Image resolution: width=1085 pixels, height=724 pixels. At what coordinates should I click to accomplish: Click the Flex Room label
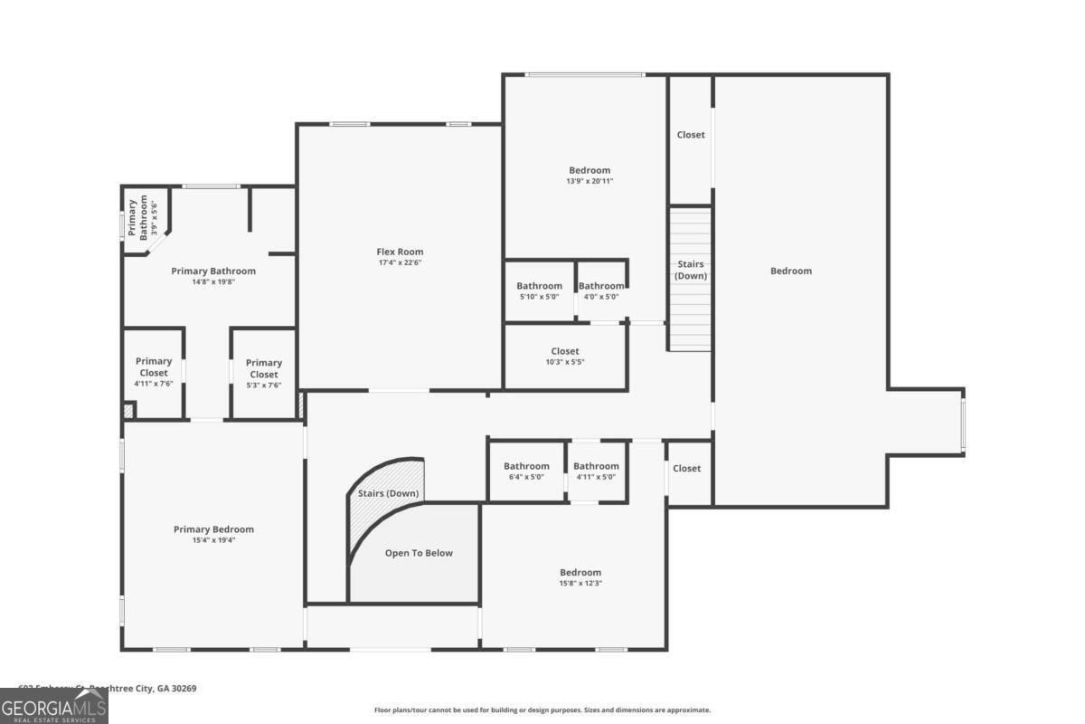point(400,252)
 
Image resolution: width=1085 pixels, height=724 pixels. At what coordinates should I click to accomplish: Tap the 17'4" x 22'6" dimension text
point(400,263)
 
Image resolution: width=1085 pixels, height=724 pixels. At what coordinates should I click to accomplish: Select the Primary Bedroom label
point(213,529)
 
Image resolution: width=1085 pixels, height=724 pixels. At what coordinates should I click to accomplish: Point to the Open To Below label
point(419,553)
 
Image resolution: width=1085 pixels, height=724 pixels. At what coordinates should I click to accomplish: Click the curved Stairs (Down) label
point(388,493)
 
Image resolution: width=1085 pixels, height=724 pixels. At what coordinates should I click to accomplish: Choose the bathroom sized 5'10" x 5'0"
point(540,291)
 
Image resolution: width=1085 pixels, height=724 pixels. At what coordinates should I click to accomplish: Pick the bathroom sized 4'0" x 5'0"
point(600,291)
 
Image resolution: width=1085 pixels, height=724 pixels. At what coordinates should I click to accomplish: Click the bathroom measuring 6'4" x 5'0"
point(526,472)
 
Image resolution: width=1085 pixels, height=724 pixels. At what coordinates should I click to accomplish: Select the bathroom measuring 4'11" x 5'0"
point(596,472)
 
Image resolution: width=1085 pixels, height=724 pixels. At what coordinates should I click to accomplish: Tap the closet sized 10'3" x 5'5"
point(565,357)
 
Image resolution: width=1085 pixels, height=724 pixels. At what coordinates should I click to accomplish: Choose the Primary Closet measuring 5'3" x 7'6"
point(264,374)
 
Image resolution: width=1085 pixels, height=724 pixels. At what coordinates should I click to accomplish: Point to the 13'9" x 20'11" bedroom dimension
point(590,181)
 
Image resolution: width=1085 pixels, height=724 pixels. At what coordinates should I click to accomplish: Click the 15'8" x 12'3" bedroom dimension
point(580,584)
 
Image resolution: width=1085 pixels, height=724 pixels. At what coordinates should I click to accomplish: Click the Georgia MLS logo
point(54,706)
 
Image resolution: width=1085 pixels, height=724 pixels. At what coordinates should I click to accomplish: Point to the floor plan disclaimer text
point(542,710)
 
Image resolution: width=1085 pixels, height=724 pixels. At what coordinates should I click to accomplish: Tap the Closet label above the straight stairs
point(691,135)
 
